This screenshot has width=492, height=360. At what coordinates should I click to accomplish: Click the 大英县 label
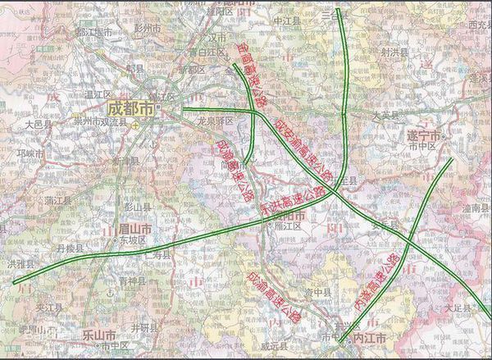[384, 116]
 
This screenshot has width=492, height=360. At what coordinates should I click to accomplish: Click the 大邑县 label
[38, 125]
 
